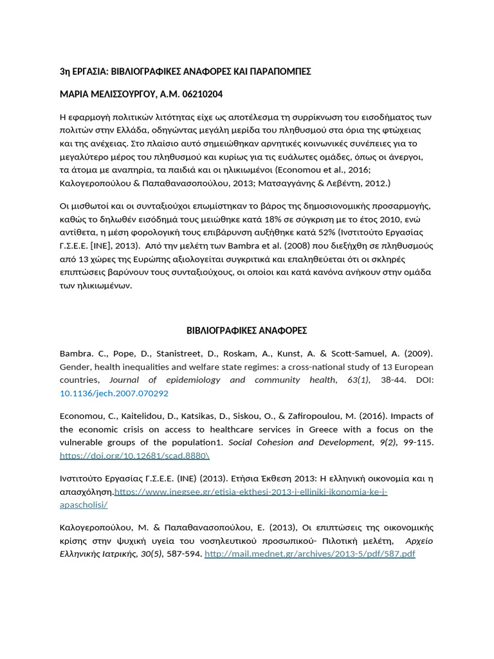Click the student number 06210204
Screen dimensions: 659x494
click(x=201, y=94)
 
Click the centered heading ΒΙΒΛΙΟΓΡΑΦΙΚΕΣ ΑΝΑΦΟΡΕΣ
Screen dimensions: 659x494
click(x=246, y=330)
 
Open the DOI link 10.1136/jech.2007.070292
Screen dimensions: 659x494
click(x=114, y=393)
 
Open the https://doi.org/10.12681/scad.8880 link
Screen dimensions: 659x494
click(x=134, y=455)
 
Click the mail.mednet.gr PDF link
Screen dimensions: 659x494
click(x=309, y=554)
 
